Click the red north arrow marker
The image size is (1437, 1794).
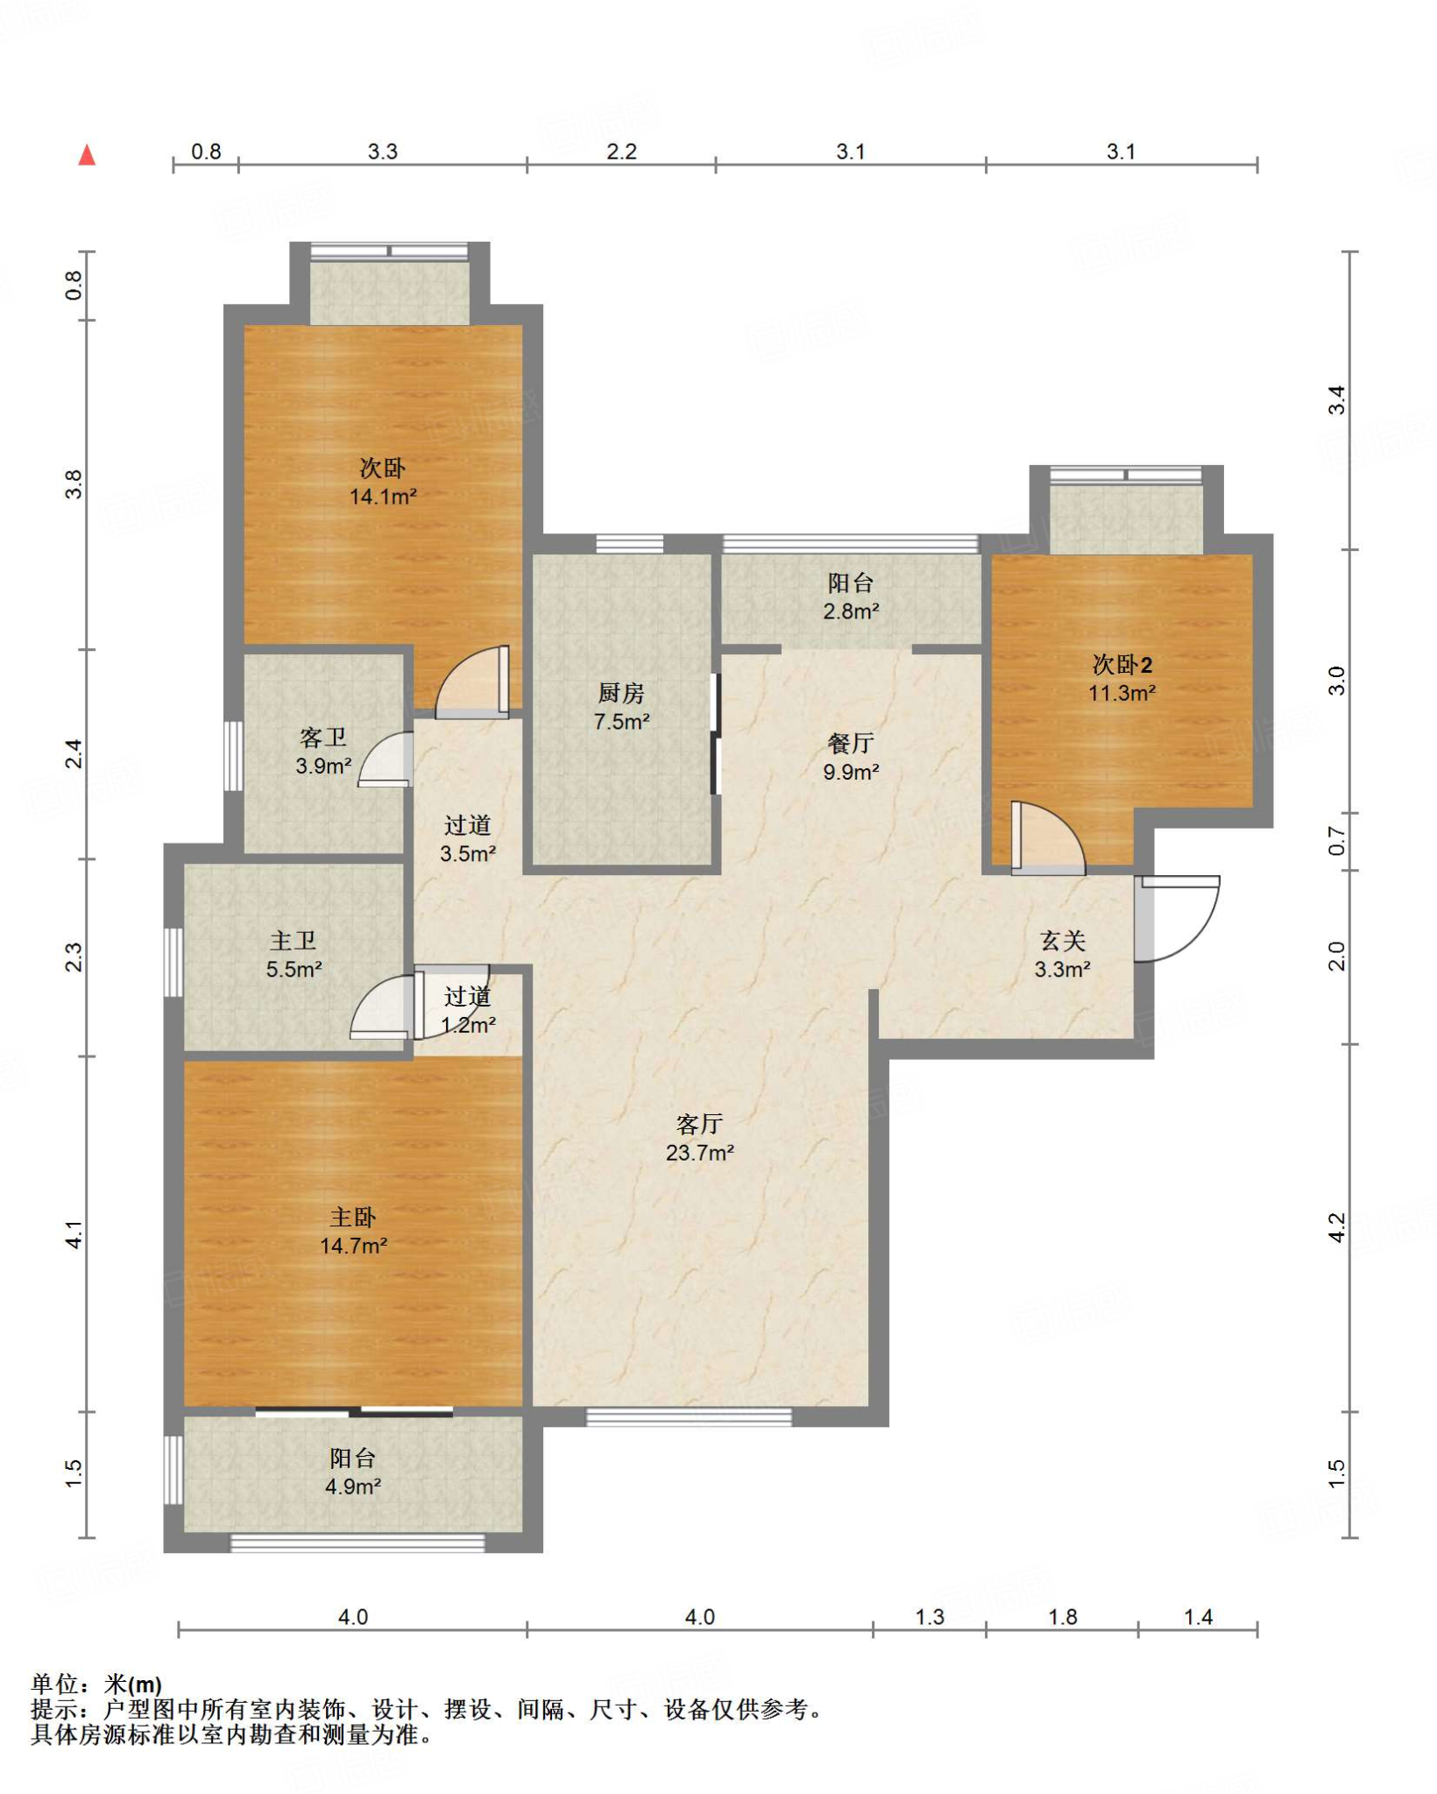(x=87, y=155)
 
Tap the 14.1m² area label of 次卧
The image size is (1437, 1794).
(x=383, y=497)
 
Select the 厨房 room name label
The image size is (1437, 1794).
(x=621, y=693)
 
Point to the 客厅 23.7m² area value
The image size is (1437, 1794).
(x=699, y=1153)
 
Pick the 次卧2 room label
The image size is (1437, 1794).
(x=1122, y=665)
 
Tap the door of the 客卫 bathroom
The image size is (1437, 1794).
(x=386, y=759)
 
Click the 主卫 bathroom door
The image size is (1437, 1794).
(x=381, y=1006)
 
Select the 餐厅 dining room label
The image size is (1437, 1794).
(x=851, y=744)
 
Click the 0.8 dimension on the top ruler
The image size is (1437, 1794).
(x=206, y=152)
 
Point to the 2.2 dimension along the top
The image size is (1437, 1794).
(x=621, y=152)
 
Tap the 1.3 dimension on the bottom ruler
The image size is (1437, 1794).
(x=930, y=1617)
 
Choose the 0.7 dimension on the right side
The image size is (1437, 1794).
(x=1336, y=841)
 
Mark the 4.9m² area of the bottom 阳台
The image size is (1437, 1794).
(x=353, y=1487)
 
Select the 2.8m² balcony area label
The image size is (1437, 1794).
(x=851, y=611)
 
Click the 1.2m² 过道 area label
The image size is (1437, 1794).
(x=468, y=1024)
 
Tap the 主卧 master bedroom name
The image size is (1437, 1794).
(x=353, y=1217)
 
